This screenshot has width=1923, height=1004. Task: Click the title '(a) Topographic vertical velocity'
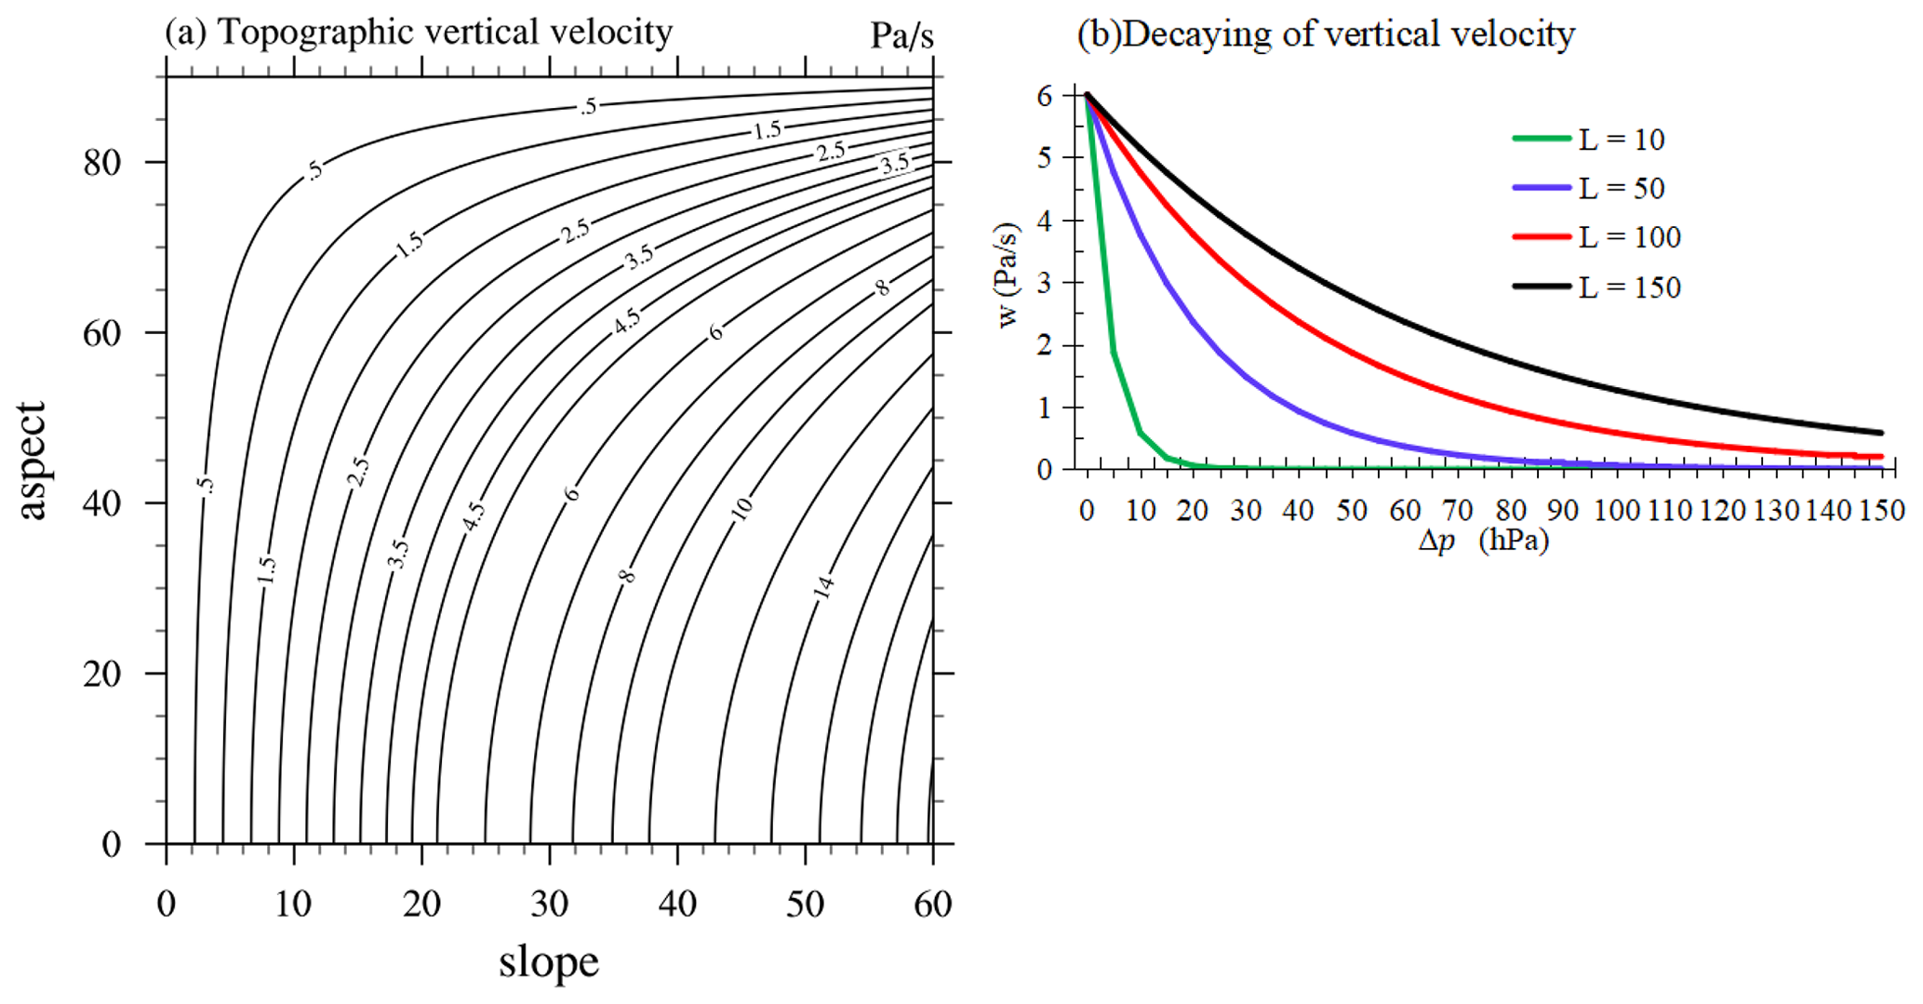click(x=419, y=33)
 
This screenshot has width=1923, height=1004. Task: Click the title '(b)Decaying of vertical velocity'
click(x=1325, y=34)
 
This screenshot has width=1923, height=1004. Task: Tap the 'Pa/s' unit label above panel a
click(x=901, y=35)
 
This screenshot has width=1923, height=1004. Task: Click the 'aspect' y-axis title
click(x=32, y=460)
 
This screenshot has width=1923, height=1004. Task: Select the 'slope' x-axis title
click(x=548, y=962)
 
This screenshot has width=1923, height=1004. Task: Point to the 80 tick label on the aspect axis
click(x=102, y=163)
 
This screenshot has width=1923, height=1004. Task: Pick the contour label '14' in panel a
click(x=823, y=587)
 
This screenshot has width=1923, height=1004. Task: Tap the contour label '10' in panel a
click(x=741, y=508)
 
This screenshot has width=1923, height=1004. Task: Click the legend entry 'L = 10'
click(x=1621, y=140)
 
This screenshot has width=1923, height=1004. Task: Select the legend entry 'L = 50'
click(x=1621, y=189)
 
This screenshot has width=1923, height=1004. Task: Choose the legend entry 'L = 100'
click(x=1629, y=237)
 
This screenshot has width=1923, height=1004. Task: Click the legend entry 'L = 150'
click(x=1629, y=288)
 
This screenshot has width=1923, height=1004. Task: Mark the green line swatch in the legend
click(x=1541, y=139)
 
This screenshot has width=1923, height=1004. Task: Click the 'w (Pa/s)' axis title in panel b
click(x=1008, y=274)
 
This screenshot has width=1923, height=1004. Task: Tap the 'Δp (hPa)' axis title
click(x=1483, y=541)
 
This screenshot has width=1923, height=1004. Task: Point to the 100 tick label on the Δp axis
click(x=1616, y=511)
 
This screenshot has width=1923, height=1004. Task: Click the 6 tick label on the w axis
click(x=1046, y=96)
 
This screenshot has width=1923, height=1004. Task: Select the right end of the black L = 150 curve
click(x=1880, y=433)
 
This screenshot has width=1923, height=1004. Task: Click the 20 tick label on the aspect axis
click(x=102, y=674)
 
